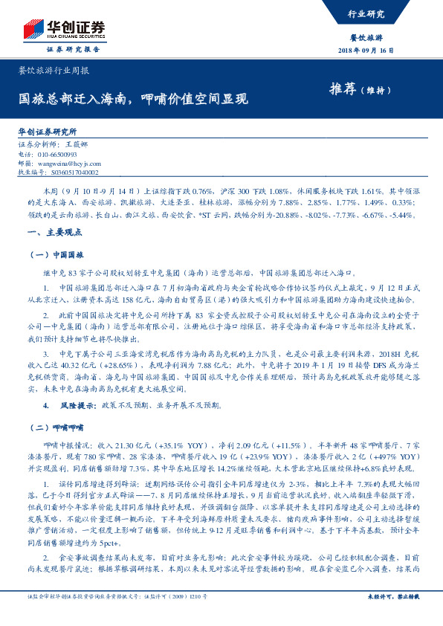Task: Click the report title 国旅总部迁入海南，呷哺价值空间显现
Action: click(x=133, y=98)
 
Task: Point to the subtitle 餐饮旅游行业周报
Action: click(x=54, y=71)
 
